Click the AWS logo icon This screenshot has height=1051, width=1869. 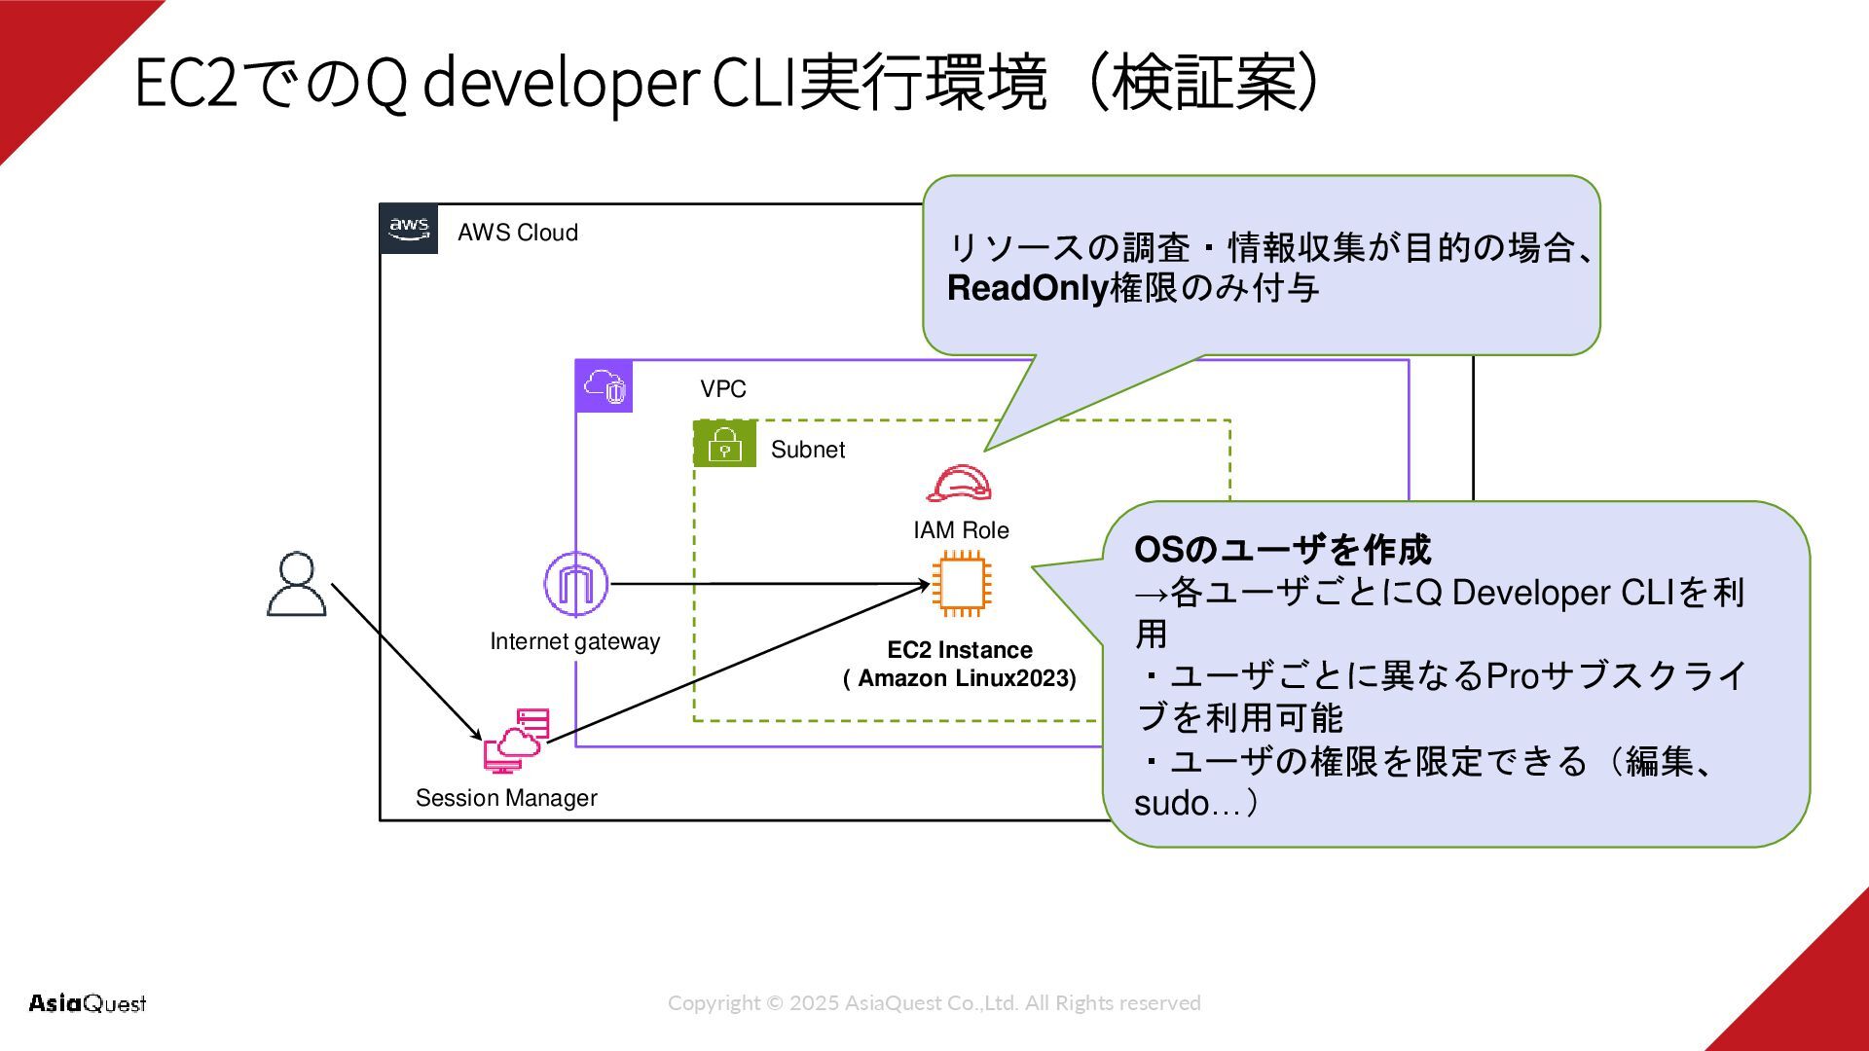(x=409, y=229)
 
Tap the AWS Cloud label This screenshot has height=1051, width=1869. (x=518, y=233)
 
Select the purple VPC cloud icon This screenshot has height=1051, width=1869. (x=605, y=386)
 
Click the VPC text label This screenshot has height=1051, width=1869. (x=723, y=389)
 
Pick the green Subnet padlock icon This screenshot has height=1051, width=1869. (x=725, y=444)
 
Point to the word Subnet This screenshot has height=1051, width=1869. (x=808, y=450)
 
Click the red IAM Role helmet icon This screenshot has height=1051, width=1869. (x=959, y=484)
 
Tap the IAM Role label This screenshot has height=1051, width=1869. (x=961, y=530)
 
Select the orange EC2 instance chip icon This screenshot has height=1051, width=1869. (x=962, y=584)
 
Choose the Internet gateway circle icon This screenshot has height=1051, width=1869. (x=575, y=584)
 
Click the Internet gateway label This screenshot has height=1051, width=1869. (x=575, y=642)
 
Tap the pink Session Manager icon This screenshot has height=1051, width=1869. (x=517, y=741)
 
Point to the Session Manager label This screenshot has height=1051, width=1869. (x=506, y=798)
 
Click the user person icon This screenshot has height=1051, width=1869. (x=297, y=584)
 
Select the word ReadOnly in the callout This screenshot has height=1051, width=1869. (x=1028, y=289)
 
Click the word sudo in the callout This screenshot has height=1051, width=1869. (x=1171, y=804)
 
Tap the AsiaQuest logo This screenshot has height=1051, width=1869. (x=88, y=1003)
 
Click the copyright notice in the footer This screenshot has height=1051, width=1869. (x=934, y=1003)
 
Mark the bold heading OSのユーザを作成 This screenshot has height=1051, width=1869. (x=1283, y=551)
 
